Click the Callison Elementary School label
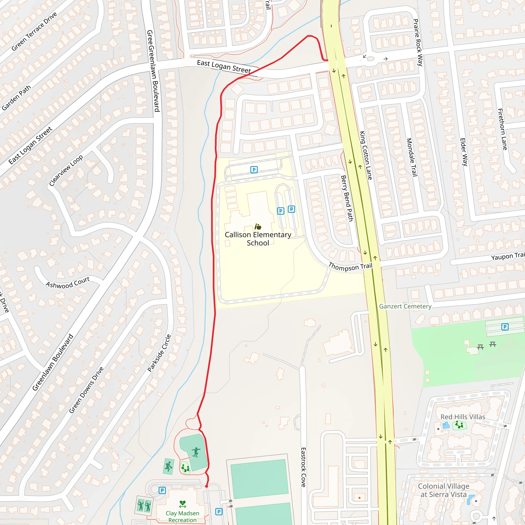point(258,239)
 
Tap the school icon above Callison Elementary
point(258,226)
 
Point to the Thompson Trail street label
point(350,267)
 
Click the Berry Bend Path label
point(347,198)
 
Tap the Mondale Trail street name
point(412,157)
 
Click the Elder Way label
point(463,152)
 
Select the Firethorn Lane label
point(502,129)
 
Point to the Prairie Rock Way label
point(418,43)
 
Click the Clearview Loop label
point(66,171)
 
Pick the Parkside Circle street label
point(159,353)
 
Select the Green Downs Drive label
point(86,390)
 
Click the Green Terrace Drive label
point(34,31)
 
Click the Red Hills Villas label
point(462,417)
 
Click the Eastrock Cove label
point(303,467)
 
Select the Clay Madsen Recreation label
point(182,516)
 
